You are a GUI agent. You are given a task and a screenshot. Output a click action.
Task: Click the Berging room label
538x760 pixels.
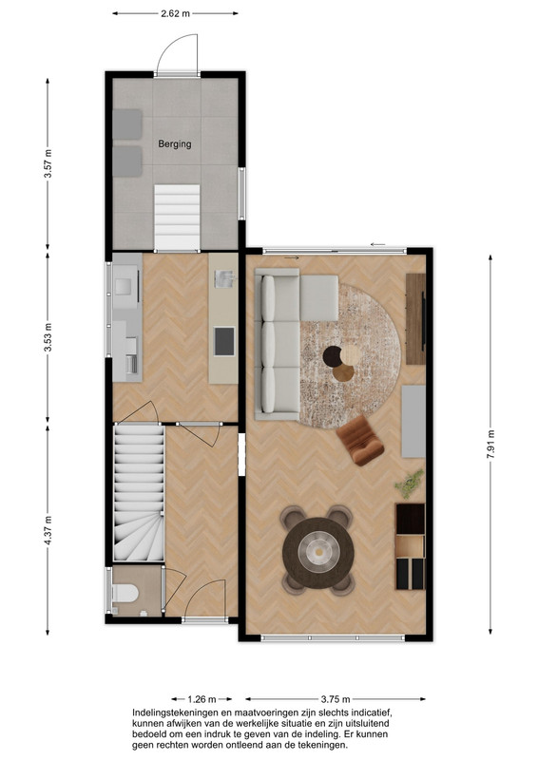point(175,144)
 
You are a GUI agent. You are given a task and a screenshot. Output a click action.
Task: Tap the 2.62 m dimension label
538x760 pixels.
point(175,13)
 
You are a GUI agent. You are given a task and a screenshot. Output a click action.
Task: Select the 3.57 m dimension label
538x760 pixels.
point(48,163)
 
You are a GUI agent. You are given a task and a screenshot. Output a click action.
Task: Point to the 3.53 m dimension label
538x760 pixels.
point(48,337)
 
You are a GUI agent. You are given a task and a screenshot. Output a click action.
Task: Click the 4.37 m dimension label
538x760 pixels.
point(48,531)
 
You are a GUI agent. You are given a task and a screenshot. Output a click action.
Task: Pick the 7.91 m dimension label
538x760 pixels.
point(490,444)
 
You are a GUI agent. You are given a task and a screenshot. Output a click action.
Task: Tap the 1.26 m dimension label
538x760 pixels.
point(202,699)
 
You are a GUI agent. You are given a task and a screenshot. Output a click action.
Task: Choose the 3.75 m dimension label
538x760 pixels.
point(336,699)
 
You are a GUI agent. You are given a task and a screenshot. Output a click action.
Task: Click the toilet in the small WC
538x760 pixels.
point(125,593)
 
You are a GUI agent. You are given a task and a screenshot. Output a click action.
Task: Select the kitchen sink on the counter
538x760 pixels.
point(224,278)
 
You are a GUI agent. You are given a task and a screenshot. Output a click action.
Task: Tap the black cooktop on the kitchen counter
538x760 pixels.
point(224,341)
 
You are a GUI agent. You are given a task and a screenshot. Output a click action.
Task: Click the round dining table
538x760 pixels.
point(318,553)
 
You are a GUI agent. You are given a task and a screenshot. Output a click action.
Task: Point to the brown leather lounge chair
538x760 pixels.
point(360,440)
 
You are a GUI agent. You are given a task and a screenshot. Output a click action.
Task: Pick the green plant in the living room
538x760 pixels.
point(409,484)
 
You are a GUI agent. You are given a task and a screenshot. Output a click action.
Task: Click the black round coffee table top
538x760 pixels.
point(333,356)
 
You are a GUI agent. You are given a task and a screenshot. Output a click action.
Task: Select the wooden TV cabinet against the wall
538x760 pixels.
point(415,318)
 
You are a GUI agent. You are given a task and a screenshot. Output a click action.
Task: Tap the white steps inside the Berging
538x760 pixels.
point(177,218)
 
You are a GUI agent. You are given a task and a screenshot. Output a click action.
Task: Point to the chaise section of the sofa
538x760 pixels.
point(318,297)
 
